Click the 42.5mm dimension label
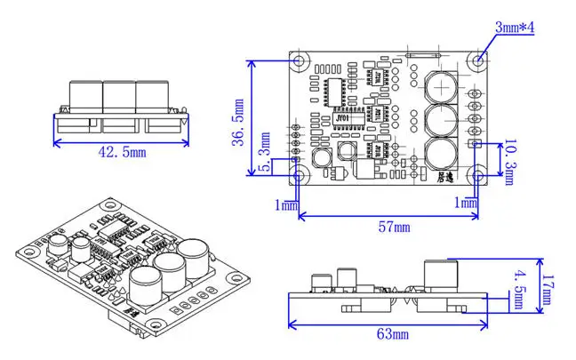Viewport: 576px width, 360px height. tap(121, 153)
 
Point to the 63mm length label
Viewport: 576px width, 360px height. tap(392, 334)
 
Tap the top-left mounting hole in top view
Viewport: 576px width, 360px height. tap(300, 60)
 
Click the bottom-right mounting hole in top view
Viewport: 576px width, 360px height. tap(479, 176)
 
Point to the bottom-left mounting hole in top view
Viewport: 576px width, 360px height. tap(300, 176)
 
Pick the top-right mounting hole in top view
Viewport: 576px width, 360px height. tap(479, 60)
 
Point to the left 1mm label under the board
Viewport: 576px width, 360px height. tap(287, 204)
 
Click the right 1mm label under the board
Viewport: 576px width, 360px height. tap(465, 203)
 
